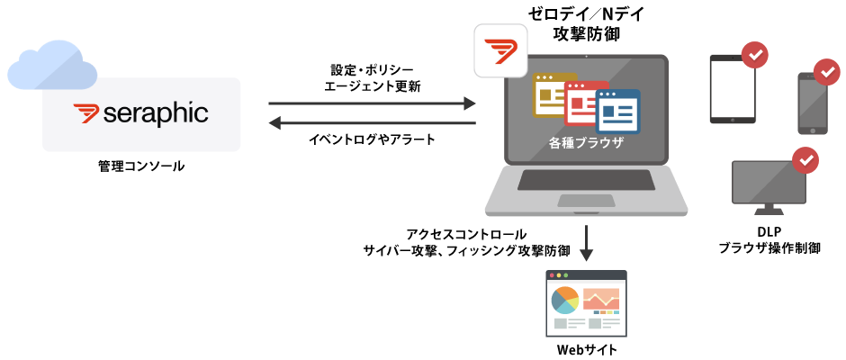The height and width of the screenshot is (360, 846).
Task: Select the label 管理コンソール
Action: point(141,166)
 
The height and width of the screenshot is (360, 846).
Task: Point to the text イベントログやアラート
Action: point(372,139)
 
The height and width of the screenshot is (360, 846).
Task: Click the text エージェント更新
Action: point(372,86)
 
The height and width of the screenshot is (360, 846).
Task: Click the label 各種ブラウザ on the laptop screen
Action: point(586,143)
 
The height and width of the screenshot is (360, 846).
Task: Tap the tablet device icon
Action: point(733,88)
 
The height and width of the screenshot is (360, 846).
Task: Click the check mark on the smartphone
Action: point(826,72)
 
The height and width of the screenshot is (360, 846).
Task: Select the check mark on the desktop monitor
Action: point(804,160)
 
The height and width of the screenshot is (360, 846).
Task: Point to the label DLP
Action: point(769,232)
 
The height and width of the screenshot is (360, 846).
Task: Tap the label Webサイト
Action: point(586,349)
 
